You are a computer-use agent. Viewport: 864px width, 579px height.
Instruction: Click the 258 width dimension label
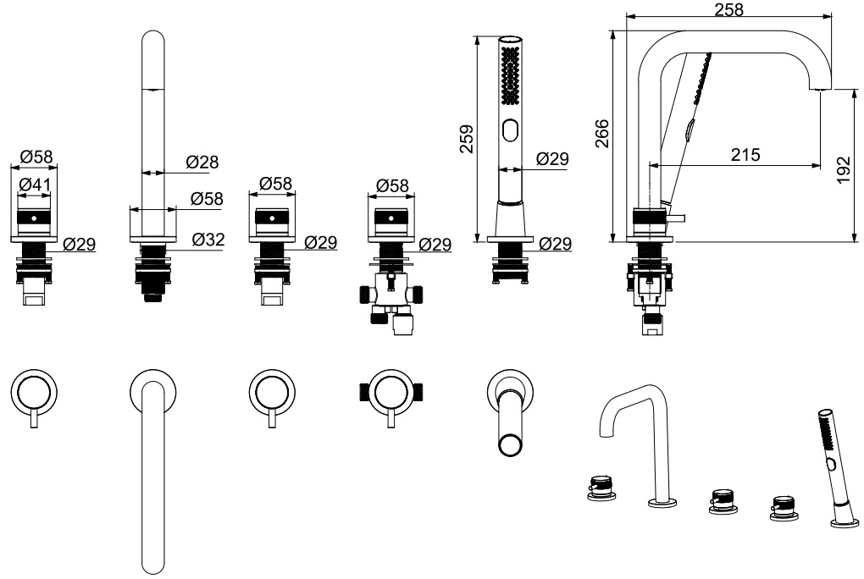click(729, 9)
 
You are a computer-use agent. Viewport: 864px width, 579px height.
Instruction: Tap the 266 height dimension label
click(602, 133)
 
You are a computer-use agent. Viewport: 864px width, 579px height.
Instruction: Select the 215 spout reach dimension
click(743, 155)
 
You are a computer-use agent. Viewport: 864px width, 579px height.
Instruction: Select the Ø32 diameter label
click(208, 240)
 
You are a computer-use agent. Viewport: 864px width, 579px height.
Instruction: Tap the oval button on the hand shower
click(509, 130)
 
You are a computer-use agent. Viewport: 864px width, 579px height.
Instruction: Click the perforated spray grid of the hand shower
click(509, 74)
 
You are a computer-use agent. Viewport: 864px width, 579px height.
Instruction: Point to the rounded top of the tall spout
click(153, 42)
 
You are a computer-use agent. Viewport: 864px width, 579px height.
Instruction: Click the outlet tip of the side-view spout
click(821, 88)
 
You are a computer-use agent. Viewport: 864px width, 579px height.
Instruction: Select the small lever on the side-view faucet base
click(677, 218)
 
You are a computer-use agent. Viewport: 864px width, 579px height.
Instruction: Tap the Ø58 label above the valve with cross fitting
click(392, 185)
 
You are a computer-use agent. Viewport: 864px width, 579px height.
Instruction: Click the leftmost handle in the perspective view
click(601, 490)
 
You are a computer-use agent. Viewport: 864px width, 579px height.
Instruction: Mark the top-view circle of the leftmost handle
click(33, 391)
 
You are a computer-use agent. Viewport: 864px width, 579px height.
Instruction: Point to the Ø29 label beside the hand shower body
click(552, 158)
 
